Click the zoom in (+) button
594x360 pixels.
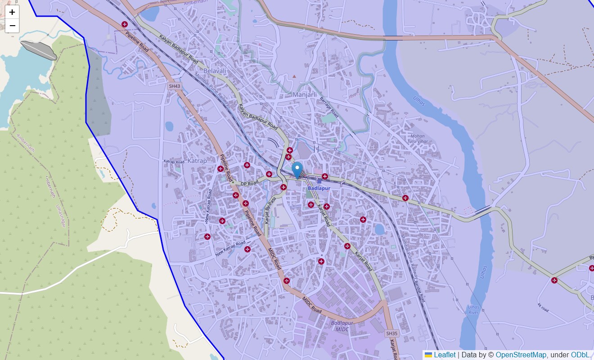click(12, 12)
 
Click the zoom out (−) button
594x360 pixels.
click(12, 26)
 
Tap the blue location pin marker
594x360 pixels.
click(297, 170)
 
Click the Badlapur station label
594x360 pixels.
click(319, 188)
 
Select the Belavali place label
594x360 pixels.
click(215, 71)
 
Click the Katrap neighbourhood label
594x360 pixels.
click(197, 161)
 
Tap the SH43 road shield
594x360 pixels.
click(174, 85)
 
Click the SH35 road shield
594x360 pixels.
click(392, 333)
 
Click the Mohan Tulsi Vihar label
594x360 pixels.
click(417, 139)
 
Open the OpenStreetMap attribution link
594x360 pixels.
click(521, 355)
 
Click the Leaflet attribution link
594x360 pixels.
click(444, 355)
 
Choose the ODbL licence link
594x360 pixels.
click(580, 355)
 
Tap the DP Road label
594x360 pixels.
click(249, 183)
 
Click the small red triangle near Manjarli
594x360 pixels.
click(294, 76)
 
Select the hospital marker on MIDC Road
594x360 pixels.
click(287, 281)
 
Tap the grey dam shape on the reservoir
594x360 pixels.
click(39, 49)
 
